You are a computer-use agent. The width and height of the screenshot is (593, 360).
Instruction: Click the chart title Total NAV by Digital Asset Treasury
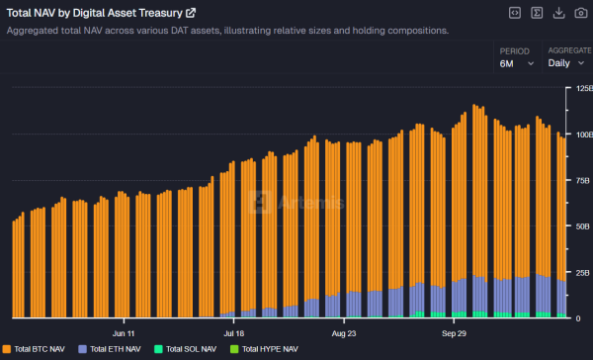95,13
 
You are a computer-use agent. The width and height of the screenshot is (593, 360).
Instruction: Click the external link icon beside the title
191,13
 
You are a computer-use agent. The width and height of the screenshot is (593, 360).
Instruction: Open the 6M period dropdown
517,63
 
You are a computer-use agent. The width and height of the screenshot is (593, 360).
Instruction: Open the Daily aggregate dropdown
567,63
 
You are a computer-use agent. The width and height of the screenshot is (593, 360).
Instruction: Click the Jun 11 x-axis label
126,333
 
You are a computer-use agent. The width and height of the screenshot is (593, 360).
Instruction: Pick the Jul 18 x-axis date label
234,333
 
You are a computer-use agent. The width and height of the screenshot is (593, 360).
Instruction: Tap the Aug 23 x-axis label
344,333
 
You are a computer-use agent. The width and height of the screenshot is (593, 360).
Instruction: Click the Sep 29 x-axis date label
453,333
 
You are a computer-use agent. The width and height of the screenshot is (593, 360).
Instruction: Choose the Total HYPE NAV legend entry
266,349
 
